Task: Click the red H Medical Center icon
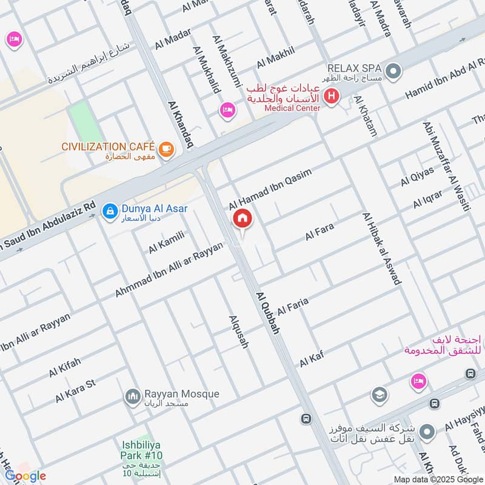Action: point(331,96)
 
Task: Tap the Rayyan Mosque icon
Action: point(132,398)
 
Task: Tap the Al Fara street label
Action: point(319,231)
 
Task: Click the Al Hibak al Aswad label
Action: point(381,248)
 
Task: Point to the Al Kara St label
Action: point(76,391)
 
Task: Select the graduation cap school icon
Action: point(379,395)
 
